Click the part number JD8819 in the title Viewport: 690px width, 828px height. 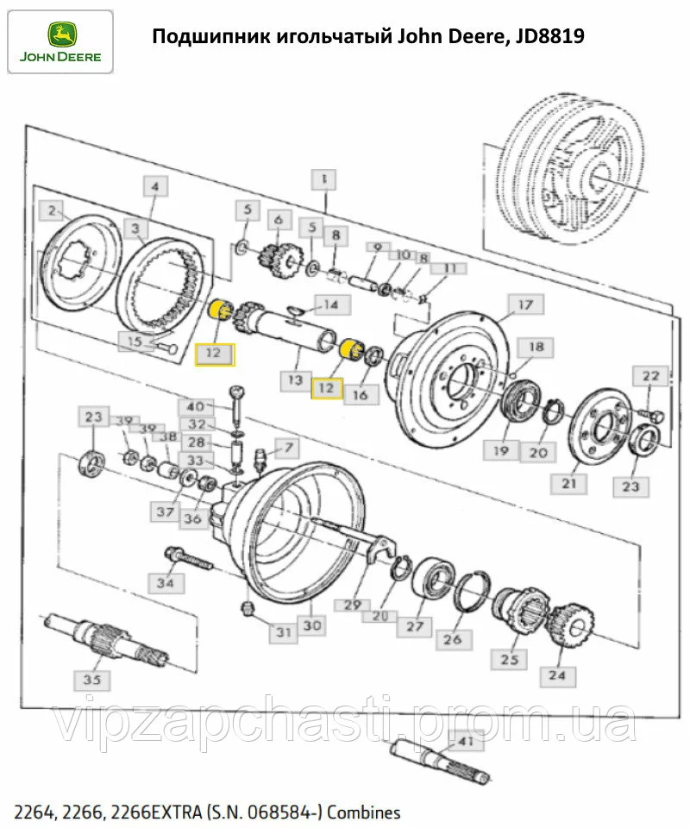[x=546, y=36]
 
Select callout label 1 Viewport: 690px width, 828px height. [x=323, y=179]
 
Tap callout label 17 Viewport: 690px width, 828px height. [x=526, y=304]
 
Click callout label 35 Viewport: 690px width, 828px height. [x=91, y=680]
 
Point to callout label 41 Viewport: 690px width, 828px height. [x=466, y=741]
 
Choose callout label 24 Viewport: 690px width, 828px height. [x=557, y=674]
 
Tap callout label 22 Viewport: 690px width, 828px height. [x=650, y=376]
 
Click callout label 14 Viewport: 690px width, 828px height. [x=331, y=304]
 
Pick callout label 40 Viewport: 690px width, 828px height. [x=196, y=405]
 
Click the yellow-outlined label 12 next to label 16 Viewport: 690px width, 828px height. [x=325, y=388]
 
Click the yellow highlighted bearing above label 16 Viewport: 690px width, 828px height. [x=351, y=348]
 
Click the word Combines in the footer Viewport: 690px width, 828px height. [x=367, y=812]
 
